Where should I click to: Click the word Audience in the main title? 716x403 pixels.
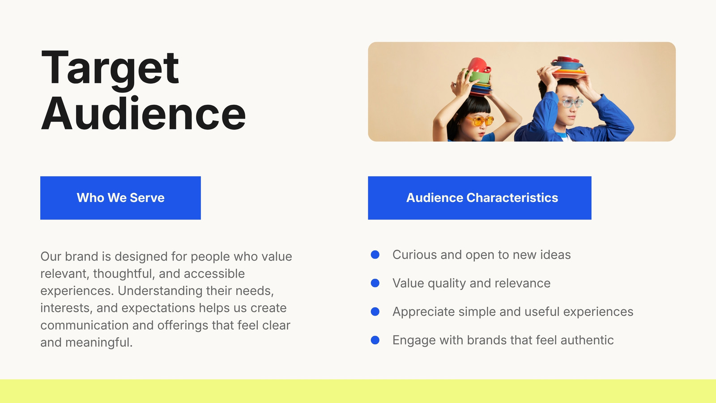pyautogui.click(x=143, y=113)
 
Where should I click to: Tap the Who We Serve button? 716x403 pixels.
pyautogui.click(x=120, y=197)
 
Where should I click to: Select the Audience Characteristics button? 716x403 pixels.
pyautogui.click(x=479, y=197)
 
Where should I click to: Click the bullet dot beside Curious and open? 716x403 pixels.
pyautogui.click(x=375, y=255)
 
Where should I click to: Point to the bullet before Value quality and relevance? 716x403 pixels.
pyautogui.click(x=375, y=283)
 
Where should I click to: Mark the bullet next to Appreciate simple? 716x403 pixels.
pyautogui.click(x=375, y=312)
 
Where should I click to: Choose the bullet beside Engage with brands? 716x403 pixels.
pyautogui.click(x=375, y=340)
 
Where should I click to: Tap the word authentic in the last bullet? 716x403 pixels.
pyautogui.click(x=587, y=340)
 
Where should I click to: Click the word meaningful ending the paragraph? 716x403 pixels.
pyautogui.click(x=99, y=343)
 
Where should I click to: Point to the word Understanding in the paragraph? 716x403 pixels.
pyautogui.click(x=160, y=291)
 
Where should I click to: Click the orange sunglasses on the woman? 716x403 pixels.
pyautogui.click(x=479, y=120)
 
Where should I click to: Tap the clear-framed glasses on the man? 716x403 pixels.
pyautogui.click(x=572, y=103)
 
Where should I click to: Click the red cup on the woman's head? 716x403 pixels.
pyautogui.click(x=479, y=65)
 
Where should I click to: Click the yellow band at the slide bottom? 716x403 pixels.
pyautogui.click(x=358, y=391)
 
